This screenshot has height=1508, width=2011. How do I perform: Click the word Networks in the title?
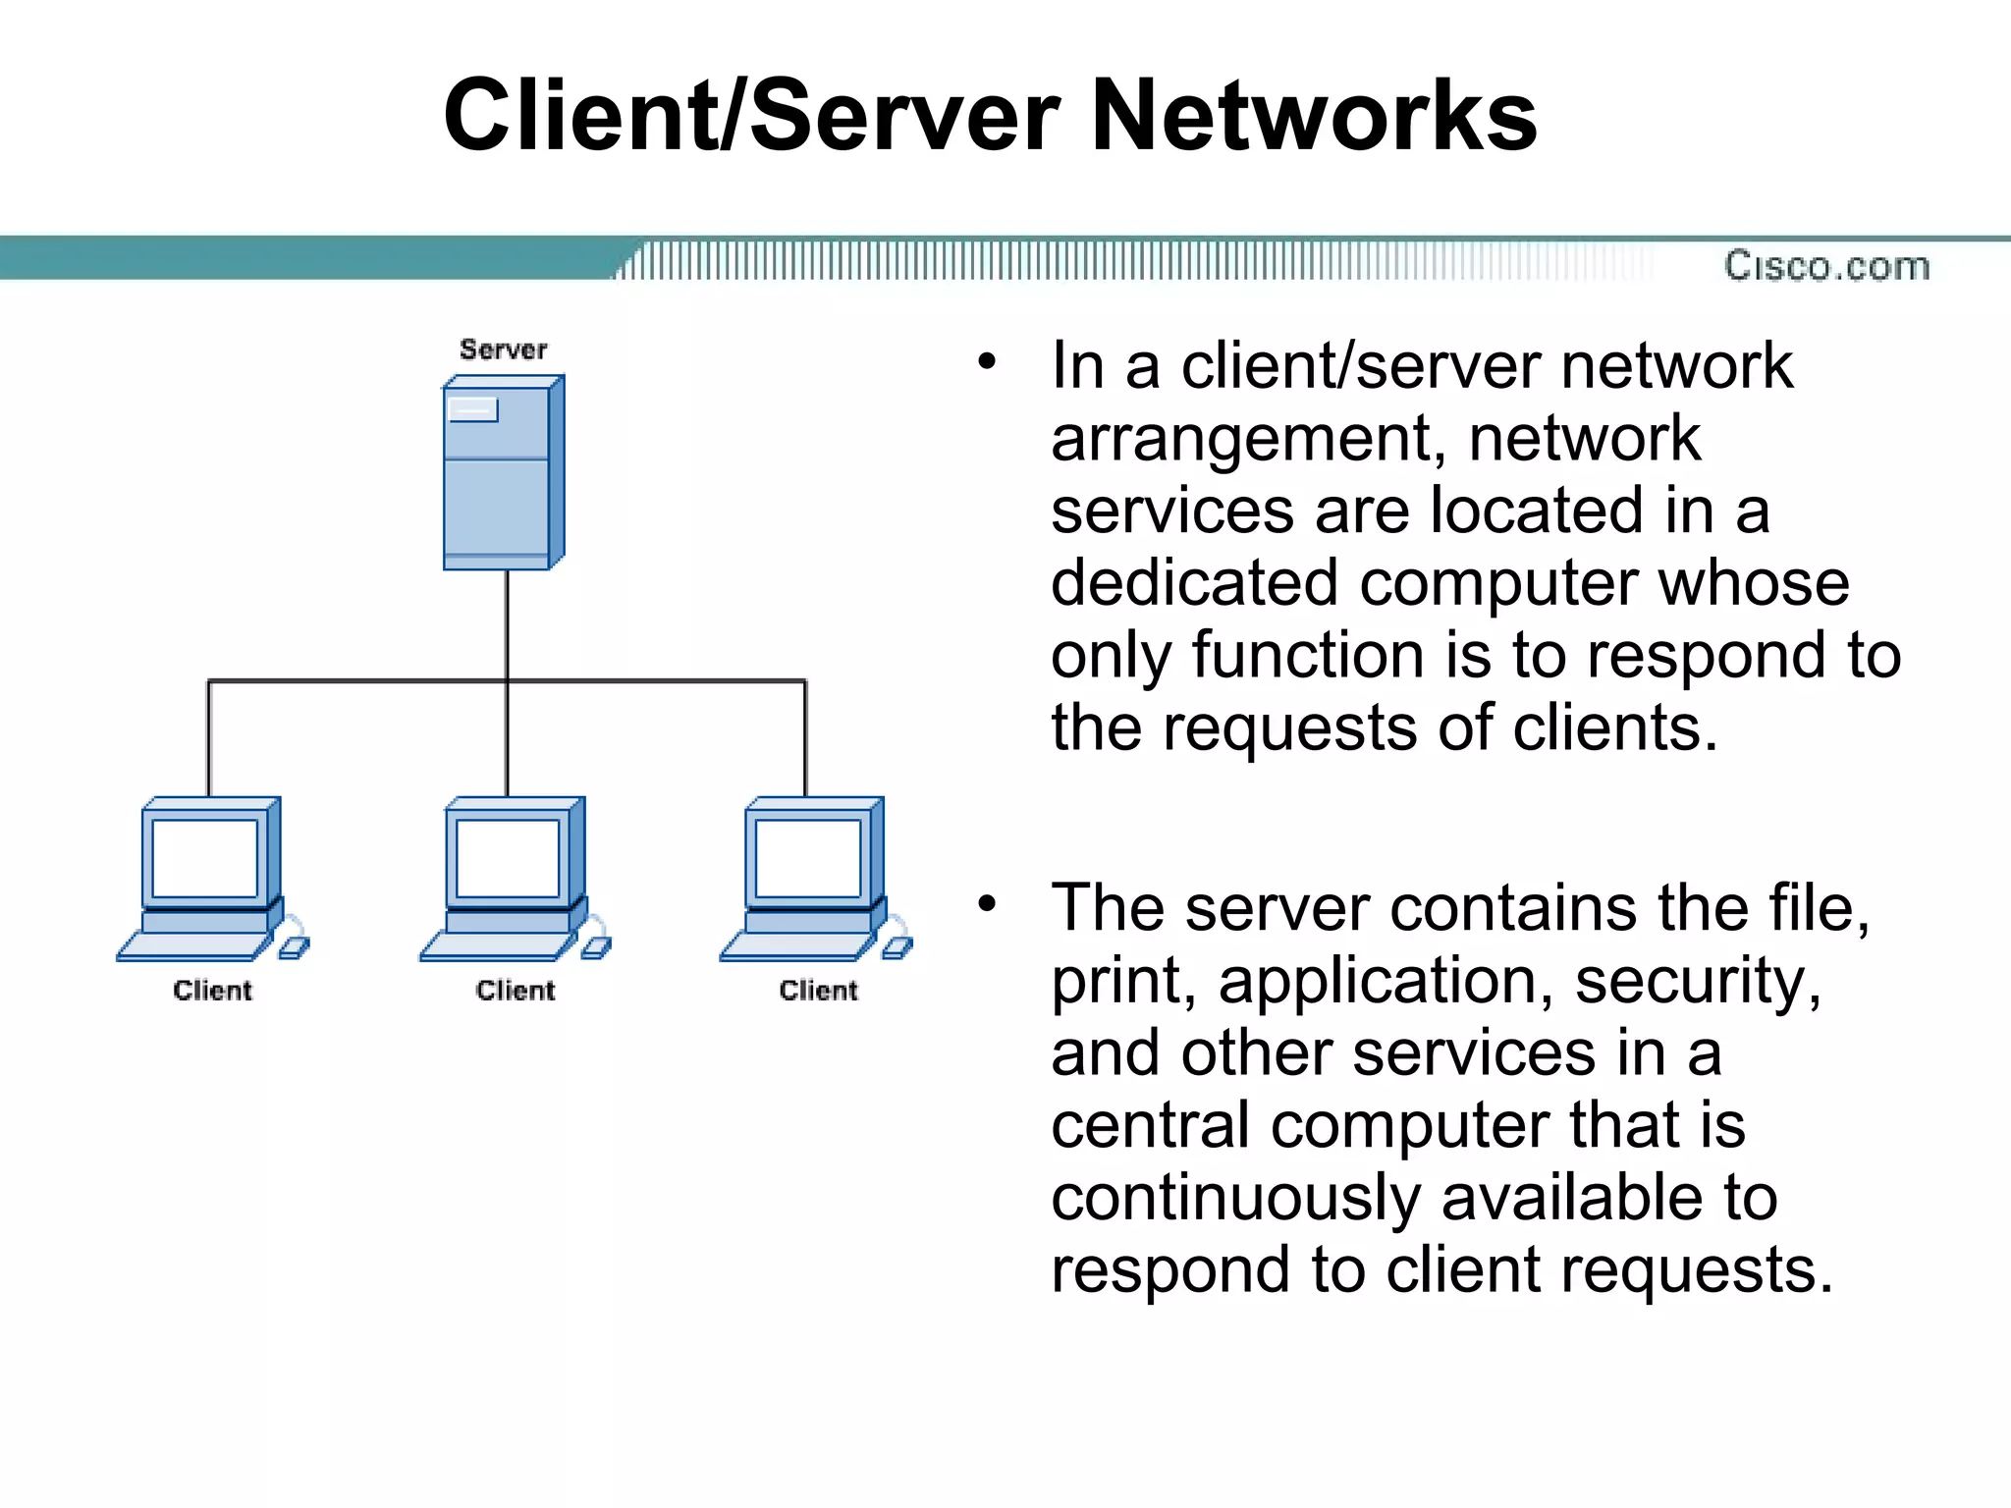point(1313,116)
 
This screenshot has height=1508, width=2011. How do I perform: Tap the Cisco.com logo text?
point(1826,266)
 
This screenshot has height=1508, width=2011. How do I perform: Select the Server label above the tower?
point(503,350)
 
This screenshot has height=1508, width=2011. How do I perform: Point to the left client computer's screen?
point(205,858)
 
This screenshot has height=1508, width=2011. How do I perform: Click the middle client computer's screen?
point(508,858)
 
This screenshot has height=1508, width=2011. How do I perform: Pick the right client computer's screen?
point(808,858)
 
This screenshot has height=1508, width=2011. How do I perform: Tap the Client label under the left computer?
point(212,991)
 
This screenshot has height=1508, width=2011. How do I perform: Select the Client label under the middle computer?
point(516,991)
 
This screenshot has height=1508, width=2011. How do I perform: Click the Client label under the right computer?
point(818,991)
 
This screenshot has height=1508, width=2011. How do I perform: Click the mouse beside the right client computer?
point(897,946)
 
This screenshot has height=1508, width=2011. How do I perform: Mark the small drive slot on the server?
point(473,409)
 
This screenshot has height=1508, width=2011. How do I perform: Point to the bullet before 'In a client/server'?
point(987,362)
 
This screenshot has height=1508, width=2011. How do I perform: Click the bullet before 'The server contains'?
point(987,903)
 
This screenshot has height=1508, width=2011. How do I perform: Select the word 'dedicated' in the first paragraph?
point(1194,583)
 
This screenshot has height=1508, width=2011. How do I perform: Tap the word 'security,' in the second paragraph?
point(1698,980)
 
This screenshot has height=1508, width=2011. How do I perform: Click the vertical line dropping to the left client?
point(208,736)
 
